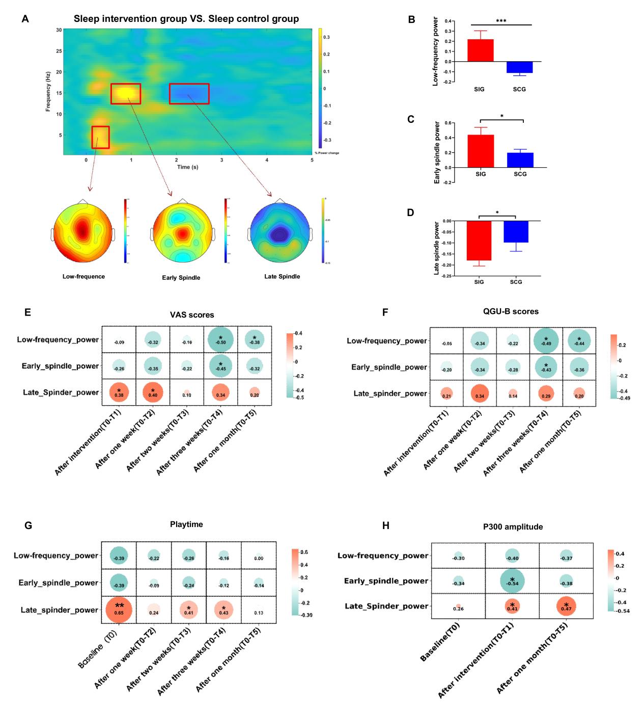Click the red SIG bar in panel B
click(480, 50)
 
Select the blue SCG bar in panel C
click(520, 160)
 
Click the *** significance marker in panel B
click(501, 21)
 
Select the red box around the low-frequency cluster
click(100, 137)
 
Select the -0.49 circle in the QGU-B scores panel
click(546, 341)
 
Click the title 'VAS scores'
click(192, 315)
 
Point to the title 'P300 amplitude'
click(513, 527)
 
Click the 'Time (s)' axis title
click(187, 167)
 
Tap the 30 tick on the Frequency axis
click(59, 30)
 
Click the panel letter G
click(29, 525)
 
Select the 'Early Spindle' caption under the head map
click(181, 278)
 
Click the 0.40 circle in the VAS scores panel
click(153, 392)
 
